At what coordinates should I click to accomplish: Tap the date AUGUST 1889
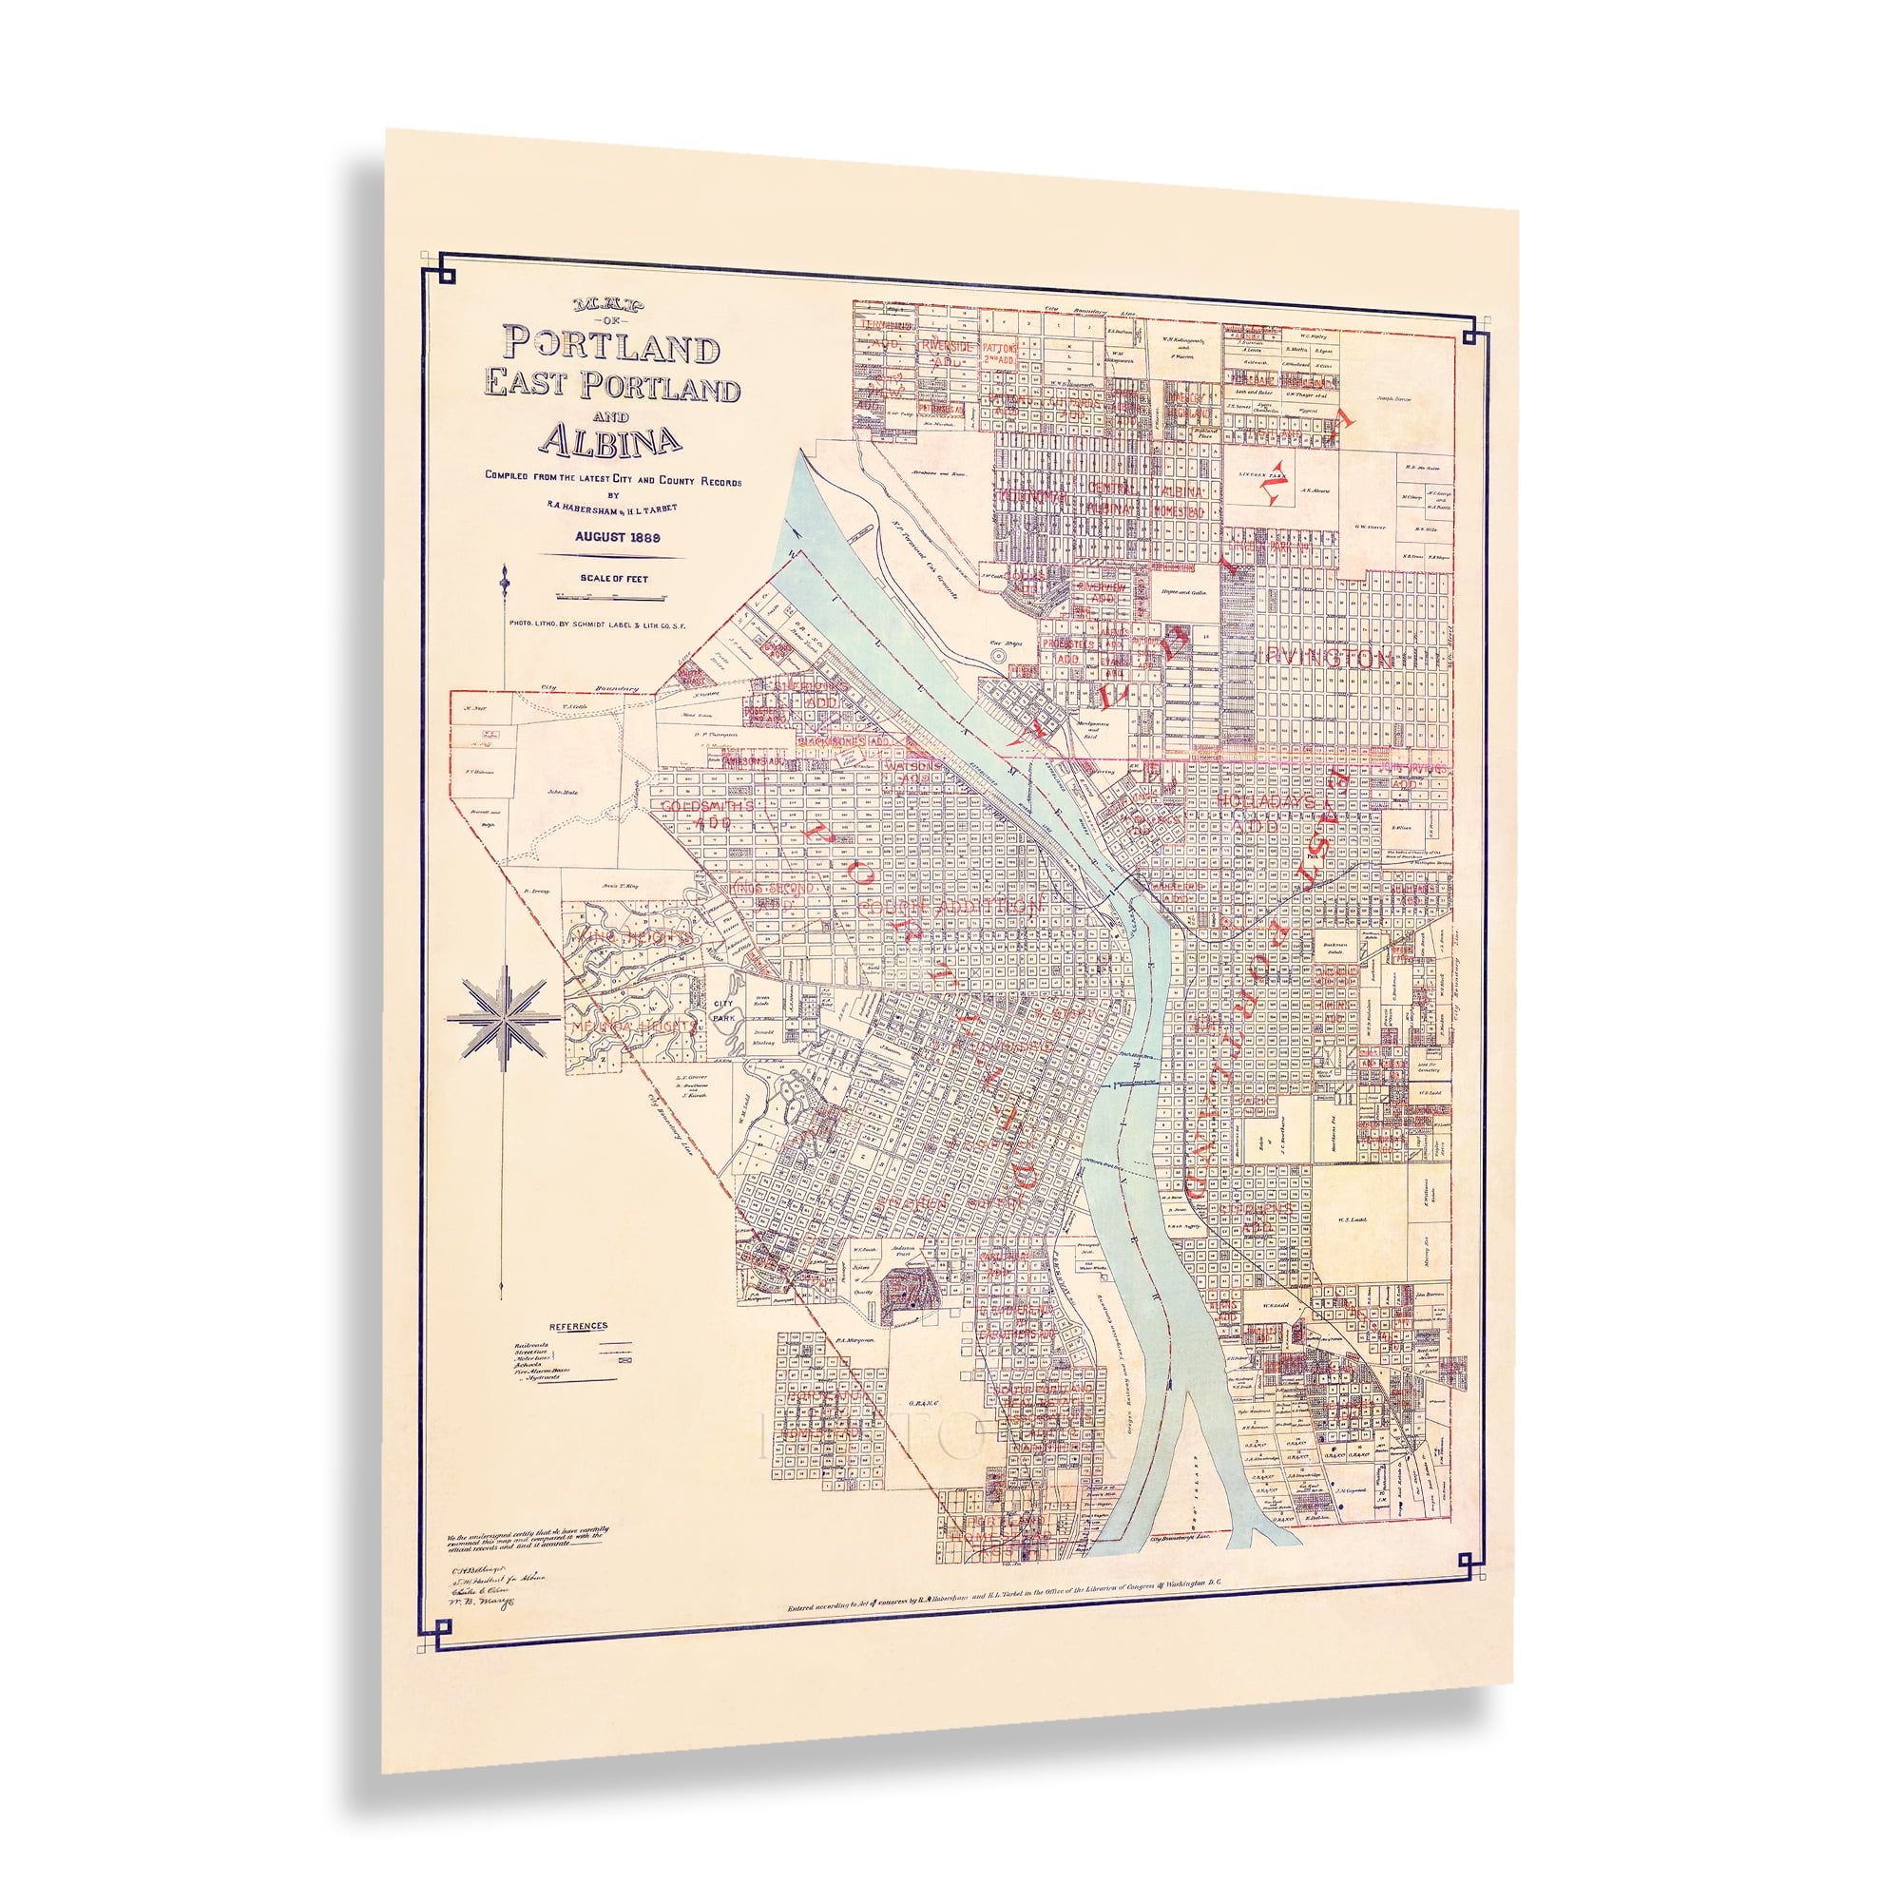pos(617,537)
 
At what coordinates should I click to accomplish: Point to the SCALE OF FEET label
pos(614,579)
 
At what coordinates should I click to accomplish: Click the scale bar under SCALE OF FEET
pos(611,597)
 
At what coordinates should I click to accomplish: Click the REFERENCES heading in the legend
pos(579,1326)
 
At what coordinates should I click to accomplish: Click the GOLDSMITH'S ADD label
pos(708,813)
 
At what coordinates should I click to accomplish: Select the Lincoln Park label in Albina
pos(1261,474)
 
